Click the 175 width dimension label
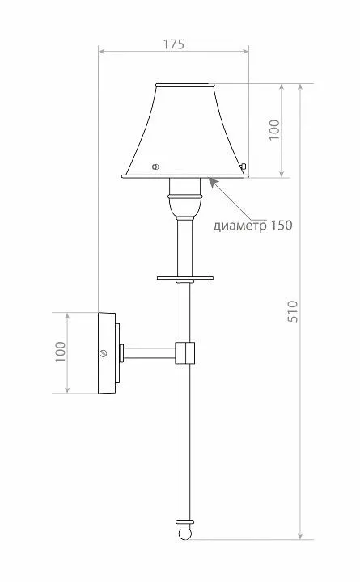click(173, 44)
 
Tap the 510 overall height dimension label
click(293, 311)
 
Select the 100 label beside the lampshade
click(274, 129)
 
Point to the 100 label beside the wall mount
click(60, 352)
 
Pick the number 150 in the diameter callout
click(282, 225)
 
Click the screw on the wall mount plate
click(104, 353)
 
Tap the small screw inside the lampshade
click(155, 167)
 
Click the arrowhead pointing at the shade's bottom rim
click(212, 182)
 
